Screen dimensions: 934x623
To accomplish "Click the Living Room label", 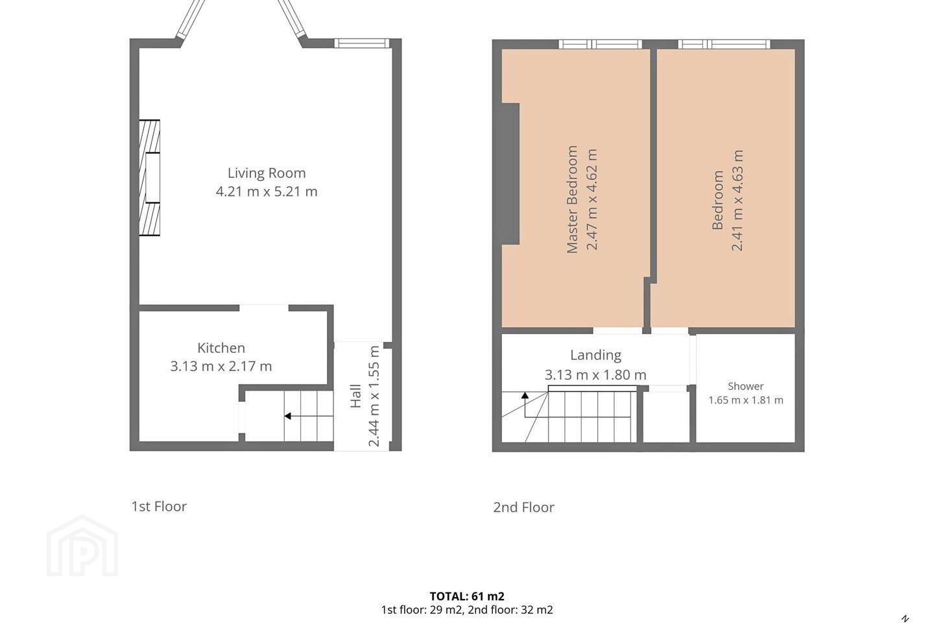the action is click(267, 173).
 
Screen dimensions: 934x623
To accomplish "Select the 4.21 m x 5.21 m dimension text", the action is click(267, 191).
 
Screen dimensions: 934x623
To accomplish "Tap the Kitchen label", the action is click(221, 348).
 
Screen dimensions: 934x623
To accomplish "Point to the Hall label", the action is click(355, 396).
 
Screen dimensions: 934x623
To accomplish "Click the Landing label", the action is click(596, 356).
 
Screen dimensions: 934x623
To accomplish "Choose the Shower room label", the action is click(745, 386).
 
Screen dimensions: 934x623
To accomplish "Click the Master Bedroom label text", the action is click(572, 199).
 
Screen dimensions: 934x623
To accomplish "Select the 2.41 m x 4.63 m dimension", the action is click(737, 201).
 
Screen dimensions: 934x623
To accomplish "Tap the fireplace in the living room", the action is click(149, 178).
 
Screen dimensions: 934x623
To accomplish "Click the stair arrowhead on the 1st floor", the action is click(288, 416).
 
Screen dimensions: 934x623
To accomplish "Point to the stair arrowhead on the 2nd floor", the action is click(525, 395).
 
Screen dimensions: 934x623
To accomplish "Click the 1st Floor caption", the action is click(159, 506).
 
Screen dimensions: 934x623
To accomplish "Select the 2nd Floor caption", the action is click(523, 507).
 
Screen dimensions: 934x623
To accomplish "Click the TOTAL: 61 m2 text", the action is click(467, 596).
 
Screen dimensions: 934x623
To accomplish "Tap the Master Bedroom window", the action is click(601, 44).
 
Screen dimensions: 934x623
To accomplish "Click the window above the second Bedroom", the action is click(724, 44).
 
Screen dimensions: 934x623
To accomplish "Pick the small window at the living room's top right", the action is click(362, 43).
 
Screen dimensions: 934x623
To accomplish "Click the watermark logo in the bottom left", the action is click(82, 546).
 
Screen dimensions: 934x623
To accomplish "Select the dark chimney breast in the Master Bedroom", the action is click(510, 173).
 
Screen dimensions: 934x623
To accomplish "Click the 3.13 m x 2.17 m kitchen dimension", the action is click(221, 367).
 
